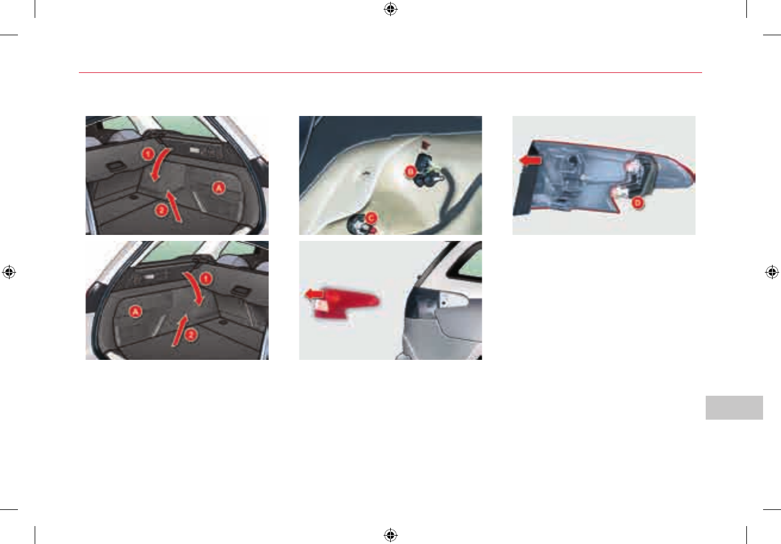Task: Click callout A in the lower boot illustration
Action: (136, 311)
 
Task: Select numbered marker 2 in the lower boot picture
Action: (190, 335)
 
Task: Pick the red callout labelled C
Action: (370, 218)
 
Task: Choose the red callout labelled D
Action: (638, 203)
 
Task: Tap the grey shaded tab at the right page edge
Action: (734, 407)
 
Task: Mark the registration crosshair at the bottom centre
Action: (390, 535)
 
